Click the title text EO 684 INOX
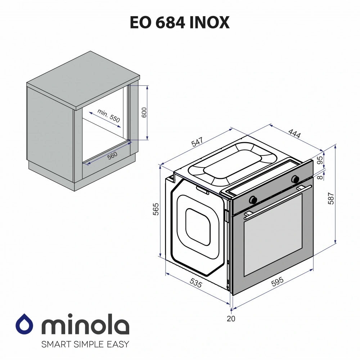point(180,23)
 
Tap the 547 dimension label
point(197,143)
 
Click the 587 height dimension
point(332,198)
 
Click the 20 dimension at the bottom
point(231,318)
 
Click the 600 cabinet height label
point(144,113)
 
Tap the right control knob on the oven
point(295,179)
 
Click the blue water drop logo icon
point(24,325)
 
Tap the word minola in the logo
point(85,326)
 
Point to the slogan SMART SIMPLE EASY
point(85,344)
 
